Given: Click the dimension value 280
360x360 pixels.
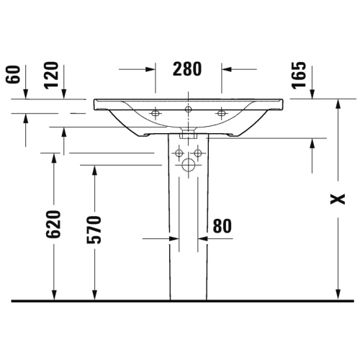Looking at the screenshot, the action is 187,69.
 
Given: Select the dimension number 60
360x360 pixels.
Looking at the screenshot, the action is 12,74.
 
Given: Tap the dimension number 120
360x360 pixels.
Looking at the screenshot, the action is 51,76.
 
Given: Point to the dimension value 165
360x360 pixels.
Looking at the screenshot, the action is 300,76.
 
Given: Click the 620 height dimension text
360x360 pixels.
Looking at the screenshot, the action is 53,225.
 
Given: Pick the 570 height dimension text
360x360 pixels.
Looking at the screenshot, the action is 94,230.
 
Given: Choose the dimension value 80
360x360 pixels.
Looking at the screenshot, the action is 222,226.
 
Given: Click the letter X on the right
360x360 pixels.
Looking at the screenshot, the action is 338,199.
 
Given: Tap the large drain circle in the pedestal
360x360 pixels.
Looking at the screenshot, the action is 189,165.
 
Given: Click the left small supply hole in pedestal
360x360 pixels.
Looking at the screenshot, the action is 179,153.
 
